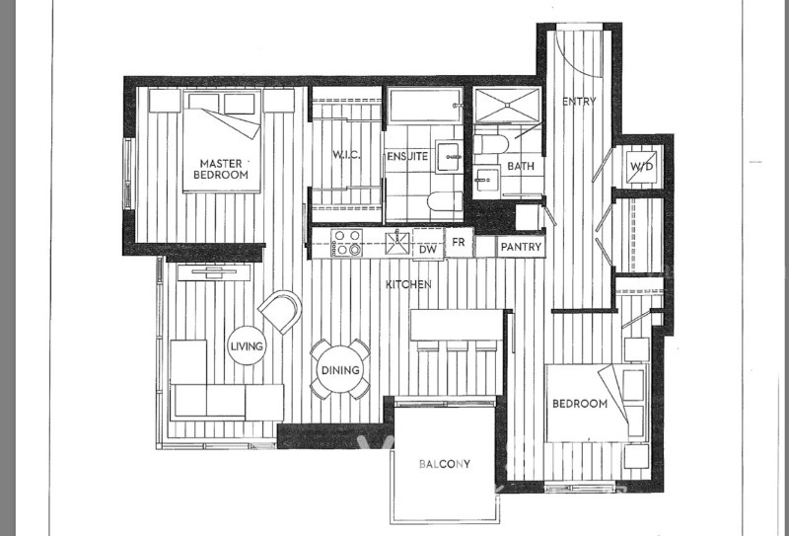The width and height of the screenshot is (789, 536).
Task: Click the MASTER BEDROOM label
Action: click(x=221, y=169)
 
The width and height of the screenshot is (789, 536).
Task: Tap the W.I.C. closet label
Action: click(x=346, y=155)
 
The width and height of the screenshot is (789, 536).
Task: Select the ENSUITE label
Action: click(x=407, y=157)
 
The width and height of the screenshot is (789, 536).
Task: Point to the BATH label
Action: click(x=521, y=166)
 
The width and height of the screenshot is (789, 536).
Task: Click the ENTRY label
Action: click(x=579, y=102)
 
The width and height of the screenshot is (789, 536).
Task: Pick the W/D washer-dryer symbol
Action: click(x=642, y=166)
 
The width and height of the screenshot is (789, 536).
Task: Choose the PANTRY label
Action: click(x=521, y=247)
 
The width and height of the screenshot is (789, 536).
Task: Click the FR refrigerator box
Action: click(x=459, y=243)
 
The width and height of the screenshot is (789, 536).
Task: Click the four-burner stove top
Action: click(x=346, y=243)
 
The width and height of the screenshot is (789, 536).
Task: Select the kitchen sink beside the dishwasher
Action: click(x=398, y=243)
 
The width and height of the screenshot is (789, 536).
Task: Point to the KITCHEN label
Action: click(x=408, y=284)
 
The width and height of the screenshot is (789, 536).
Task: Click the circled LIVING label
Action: click(x=247, y=346)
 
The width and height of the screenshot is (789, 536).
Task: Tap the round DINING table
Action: click(x=340, y=370)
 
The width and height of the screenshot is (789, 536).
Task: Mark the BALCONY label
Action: click(x=445, y=464)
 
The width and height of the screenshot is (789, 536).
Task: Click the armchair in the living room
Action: click(x=281, y=311)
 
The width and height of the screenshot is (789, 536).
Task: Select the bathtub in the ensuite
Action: click(x=426, y=106)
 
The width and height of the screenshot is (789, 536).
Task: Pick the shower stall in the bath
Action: click(x=508, y=105)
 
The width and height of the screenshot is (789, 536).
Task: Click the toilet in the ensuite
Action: click(x=445, y=202)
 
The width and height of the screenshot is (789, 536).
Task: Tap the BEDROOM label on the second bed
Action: click(x=580, y=404)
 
